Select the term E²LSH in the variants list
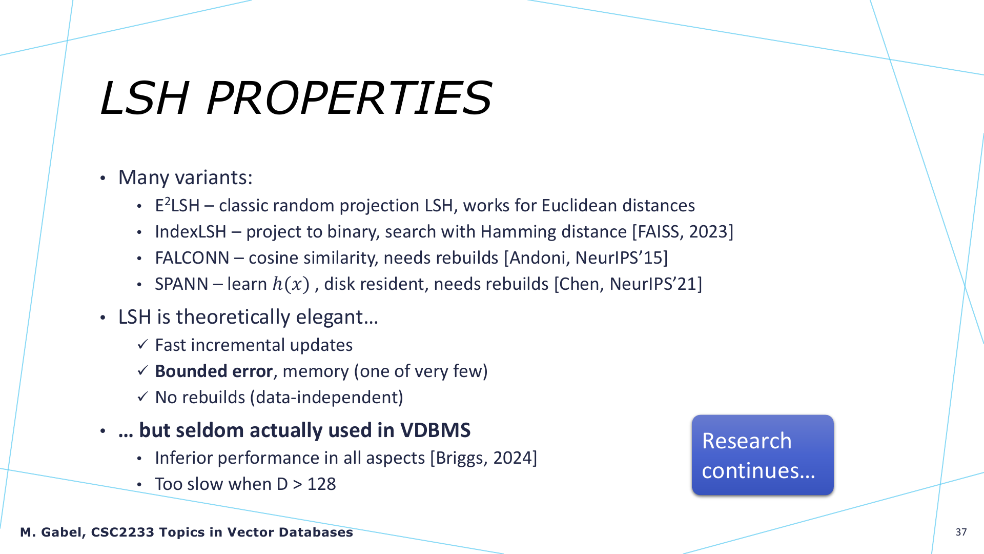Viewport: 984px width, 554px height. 177,205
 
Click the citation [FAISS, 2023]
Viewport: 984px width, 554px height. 683,232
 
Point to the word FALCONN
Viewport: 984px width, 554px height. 192,258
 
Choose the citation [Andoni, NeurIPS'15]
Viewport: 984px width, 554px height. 586,258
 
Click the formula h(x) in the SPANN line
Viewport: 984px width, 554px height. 291,284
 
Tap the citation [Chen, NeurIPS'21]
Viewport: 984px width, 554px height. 628,284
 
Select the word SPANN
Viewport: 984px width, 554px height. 181,284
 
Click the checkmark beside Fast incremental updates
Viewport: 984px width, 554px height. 142,344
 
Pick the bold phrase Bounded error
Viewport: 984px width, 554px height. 214,371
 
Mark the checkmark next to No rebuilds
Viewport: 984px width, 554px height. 142,397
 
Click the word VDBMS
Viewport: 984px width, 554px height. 435,430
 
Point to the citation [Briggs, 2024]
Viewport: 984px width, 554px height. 484,458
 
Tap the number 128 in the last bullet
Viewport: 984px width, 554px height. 321,484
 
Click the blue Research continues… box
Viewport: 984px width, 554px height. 763,455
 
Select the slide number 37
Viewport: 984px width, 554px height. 961,532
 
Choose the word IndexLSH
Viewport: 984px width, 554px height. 191,232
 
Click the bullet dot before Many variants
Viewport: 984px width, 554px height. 103,179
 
